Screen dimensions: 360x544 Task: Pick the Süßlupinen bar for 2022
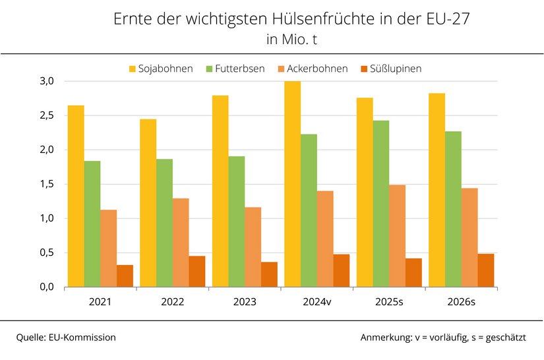[x=197, y=271]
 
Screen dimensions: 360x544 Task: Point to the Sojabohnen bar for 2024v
[x=293, y=184]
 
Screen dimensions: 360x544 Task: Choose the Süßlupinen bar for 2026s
[x=486, y=270]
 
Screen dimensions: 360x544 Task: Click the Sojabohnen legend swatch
[x=133, y=69]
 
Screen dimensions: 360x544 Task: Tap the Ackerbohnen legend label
[x=317, y=69]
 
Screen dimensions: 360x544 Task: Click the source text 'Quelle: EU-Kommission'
[x=66, y=338]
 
